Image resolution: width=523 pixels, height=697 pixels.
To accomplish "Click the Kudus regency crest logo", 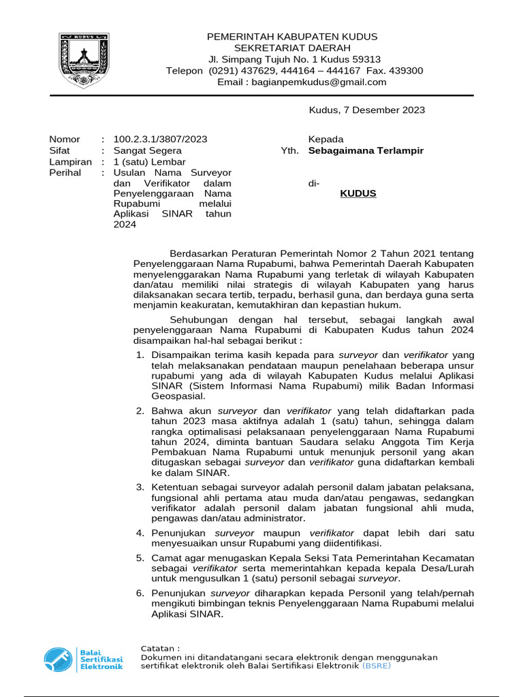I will tap(81, 59).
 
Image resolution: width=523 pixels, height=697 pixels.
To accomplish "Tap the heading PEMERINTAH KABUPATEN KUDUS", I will tap(292, 36).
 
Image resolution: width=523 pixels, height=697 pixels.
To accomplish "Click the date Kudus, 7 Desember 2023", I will tap(367, 110).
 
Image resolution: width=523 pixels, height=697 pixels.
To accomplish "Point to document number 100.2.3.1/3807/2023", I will tap(160, 139).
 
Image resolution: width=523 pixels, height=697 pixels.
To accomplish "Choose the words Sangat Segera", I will tap(147, 150).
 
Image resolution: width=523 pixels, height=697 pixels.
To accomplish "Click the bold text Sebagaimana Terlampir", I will tap(366, 150).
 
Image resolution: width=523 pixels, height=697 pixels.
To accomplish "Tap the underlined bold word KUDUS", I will tap(358, 194).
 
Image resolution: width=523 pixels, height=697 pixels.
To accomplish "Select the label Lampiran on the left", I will tap(70, 162).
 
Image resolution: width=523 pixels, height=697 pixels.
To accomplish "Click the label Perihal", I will tap(65, 173).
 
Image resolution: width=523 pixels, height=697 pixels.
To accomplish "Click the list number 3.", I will tap(140, 487).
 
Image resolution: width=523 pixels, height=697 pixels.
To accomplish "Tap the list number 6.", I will tap(140, 592).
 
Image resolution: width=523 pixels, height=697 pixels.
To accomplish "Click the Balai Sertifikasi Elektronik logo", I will tap(83, 659).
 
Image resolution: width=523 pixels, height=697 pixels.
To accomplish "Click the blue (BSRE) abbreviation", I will tap(377, 666).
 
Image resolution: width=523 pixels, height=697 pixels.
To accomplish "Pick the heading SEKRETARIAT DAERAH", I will tap(292, 48).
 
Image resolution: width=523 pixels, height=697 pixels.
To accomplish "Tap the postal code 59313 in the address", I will tap(366, 59).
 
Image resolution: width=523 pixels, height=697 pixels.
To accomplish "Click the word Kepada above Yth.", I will tap(326, 139).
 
